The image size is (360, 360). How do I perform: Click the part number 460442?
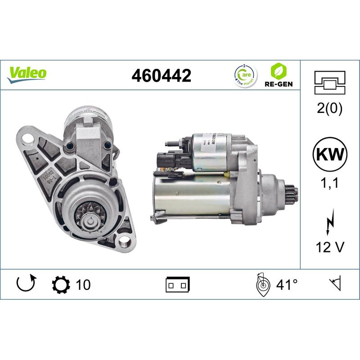(161, 76)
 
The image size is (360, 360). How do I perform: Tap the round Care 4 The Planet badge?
(245, 74)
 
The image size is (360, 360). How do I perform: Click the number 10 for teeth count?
(83, 284)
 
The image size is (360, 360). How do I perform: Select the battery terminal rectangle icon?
(178, 284)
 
